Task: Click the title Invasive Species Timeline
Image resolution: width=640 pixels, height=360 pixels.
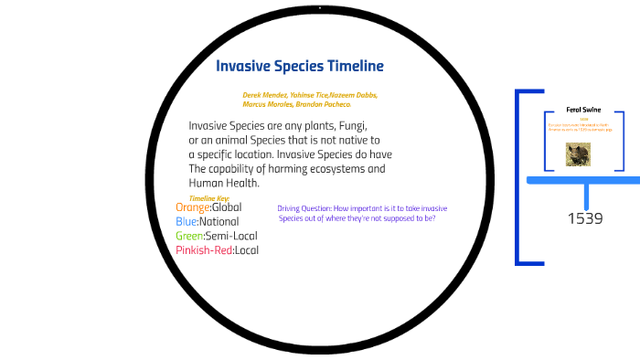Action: point(299,67)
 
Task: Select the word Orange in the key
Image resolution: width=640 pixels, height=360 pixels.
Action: point(192,207)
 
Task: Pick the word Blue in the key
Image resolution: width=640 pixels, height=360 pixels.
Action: point(187,222)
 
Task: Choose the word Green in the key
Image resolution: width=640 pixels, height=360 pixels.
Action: point(190,236)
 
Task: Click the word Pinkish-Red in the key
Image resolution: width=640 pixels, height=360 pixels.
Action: point(204,250)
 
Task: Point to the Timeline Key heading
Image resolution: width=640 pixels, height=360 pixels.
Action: point(209,198)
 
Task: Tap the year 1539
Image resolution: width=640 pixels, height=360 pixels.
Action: point(585,218)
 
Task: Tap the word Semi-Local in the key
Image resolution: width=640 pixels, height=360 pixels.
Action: point(232,236)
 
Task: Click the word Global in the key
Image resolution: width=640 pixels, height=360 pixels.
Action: point(227,207)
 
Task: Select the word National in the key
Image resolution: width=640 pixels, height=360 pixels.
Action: point(221,222)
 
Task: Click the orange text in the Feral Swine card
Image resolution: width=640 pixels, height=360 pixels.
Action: point(579,128)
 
